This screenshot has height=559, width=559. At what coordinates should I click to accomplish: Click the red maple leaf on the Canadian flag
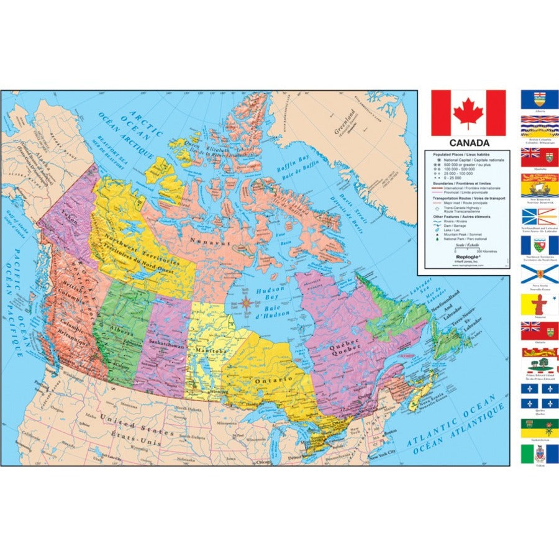click(x=468, y=112)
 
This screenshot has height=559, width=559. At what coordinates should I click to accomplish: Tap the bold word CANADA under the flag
click(x=469, y=143)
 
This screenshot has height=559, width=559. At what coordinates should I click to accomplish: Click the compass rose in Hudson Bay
click(x=247, y=304)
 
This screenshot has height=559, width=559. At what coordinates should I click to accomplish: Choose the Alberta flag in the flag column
click(x=539, y=100)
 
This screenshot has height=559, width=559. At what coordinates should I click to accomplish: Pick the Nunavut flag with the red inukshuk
click(x=539, y=304)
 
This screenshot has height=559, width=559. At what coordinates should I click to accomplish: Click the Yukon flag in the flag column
click(x=539, y=453)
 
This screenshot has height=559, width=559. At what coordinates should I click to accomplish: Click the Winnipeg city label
click(x=216, y=393)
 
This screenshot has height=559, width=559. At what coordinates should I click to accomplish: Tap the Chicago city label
click(x=262, y=461)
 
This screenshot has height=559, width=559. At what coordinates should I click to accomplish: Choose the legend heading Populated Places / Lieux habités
click(x=458, y=154)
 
